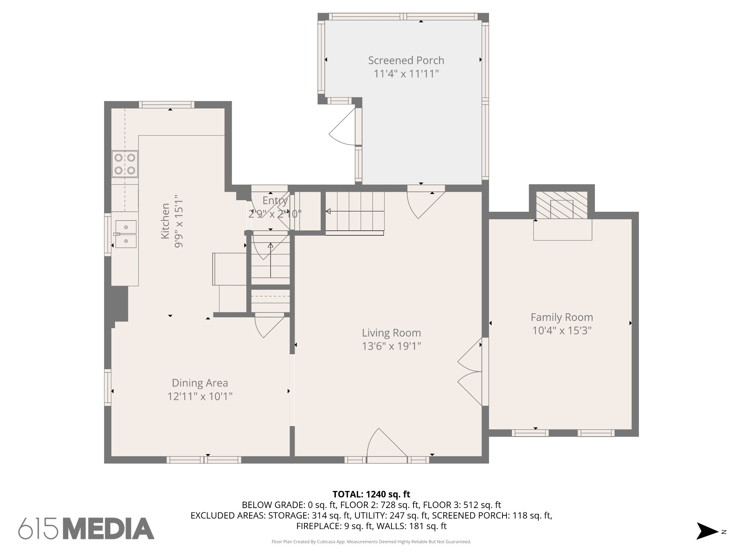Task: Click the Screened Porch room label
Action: [x=406, y=61]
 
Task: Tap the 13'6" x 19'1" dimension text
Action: [x=391, y=346]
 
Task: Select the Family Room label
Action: [x=562, y=317]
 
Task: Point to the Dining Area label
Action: [x=200, y=383]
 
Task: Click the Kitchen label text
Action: [x=165, y=221]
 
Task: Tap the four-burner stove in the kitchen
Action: [x=125, y=164]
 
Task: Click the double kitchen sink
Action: [x=126, y=234]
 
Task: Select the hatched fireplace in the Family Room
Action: [x=562, y=205]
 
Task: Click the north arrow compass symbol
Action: [x=708, y=531]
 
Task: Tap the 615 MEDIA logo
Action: [x=86, y=528]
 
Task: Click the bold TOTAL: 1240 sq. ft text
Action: [x=371, y=494]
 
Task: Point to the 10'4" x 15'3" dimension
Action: [x=562, y=331]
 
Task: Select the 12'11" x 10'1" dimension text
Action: [x=200, y=396]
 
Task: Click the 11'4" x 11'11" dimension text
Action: [x=406, y=74]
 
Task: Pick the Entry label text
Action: [x=275, y=201]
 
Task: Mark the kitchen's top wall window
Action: [x=167, y=105]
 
